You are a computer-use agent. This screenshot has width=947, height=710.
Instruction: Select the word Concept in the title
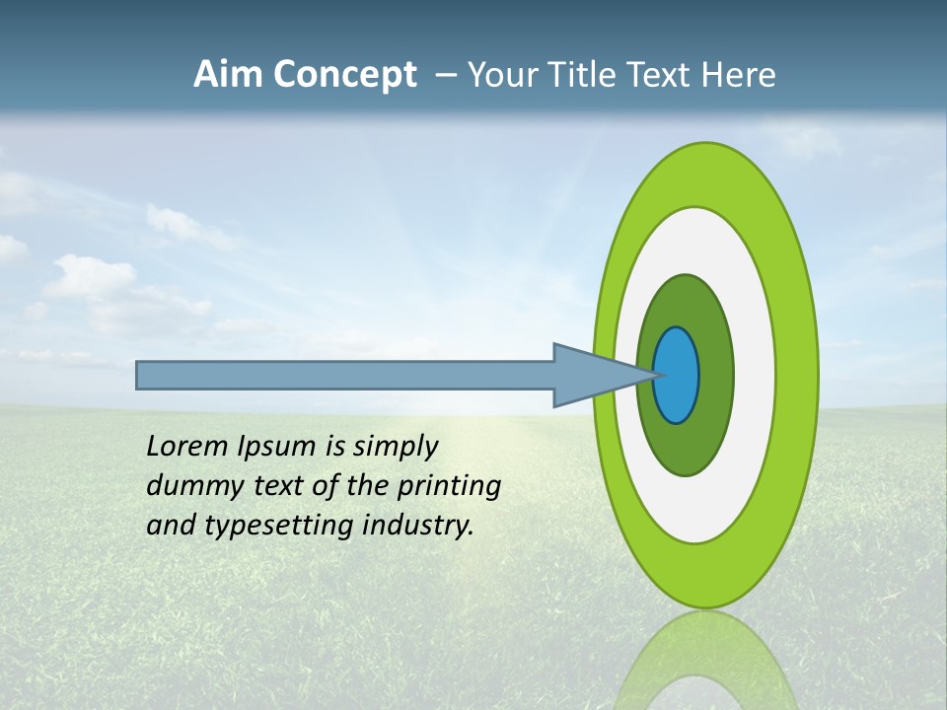click(344, 75)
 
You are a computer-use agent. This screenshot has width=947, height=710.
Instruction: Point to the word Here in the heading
click(739, 75)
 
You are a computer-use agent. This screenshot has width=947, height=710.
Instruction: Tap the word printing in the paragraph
click(448, 486)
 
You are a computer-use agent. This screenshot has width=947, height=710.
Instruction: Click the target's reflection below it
click(704, 661)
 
